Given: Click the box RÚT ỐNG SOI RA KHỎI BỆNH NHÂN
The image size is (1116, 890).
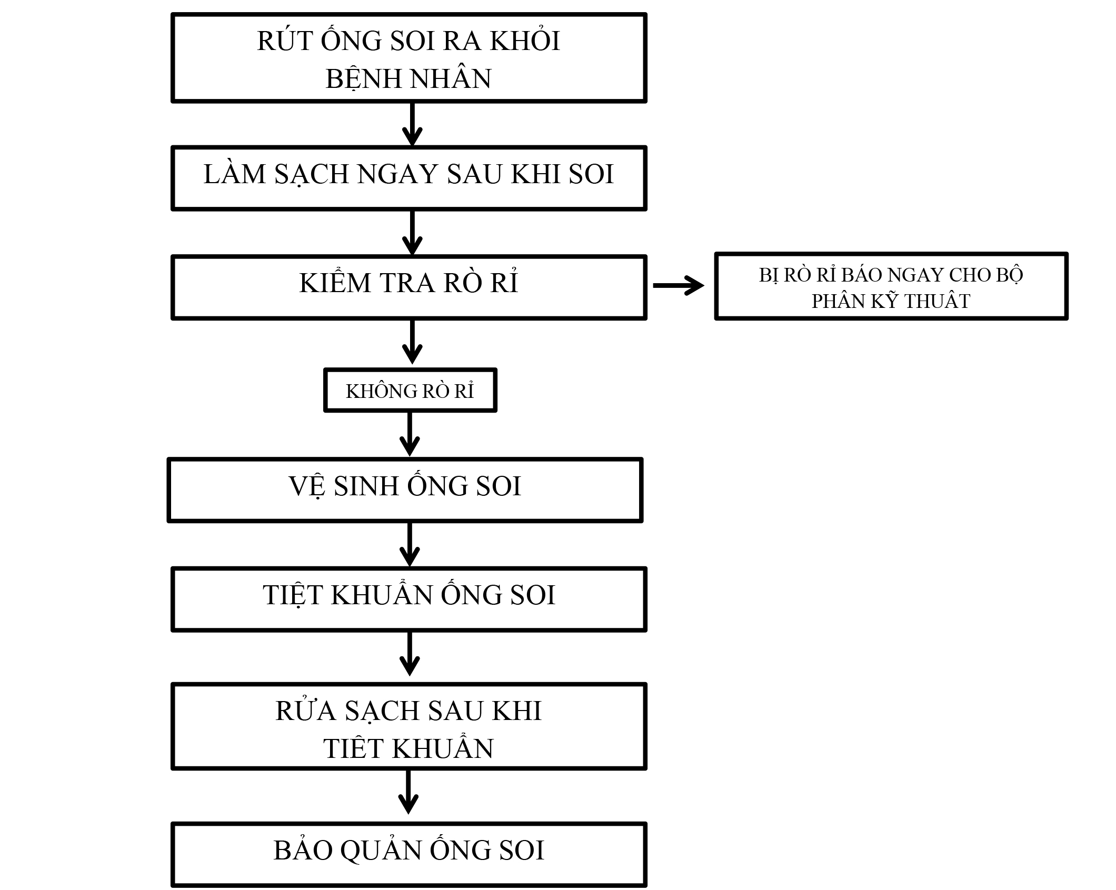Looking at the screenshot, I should click(408, 58).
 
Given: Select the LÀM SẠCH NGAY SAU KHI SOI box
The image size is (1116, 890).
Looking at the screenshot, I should click(408, 178).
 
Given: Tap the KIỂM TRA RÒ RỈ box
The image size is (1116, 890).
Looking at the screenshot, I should click(408, 287).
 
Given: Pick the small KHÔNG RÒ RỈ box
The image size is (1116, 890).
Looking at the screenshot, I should click(410, 390).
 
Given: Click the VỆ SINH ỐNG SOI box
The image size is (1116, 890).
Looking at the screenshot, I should click(405, 489).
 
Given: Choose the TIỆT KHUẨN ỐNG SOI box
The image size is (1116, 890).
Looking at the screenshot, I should click(408, 599).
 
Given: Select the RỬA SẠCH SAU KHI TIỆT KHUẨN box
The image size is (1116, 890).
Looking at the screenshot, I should click(408, 726).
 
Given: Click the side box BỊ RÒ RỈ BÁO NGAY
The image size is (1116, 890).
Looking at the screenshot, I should click(891, 286).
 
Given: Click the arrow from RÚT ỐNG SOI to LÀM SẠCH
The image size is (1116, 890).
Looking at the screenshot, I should click(412, 124).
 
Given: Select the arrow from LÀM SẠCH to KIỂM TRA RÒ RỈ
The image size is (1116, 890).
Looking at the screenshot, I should click(412, 233).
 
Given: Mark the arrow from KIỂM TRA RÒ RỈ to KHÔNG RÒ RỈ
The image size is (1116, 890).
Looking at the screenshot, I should click(412, 342).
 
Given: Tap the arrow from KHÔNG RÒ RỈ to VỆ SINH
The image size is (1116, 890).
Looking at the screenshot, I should click(410, 434).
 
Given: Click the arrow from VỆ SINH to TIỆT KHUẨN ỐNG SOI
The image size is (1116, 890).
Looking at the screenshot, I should click(410, 544).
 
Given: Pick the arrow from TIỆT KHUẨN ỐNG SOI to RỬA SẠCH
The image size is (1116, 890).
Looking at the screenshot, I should click(410, 654).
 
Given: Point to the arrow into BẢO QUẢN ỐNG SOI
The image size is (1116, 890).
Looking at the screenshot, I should click(408, 793).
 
